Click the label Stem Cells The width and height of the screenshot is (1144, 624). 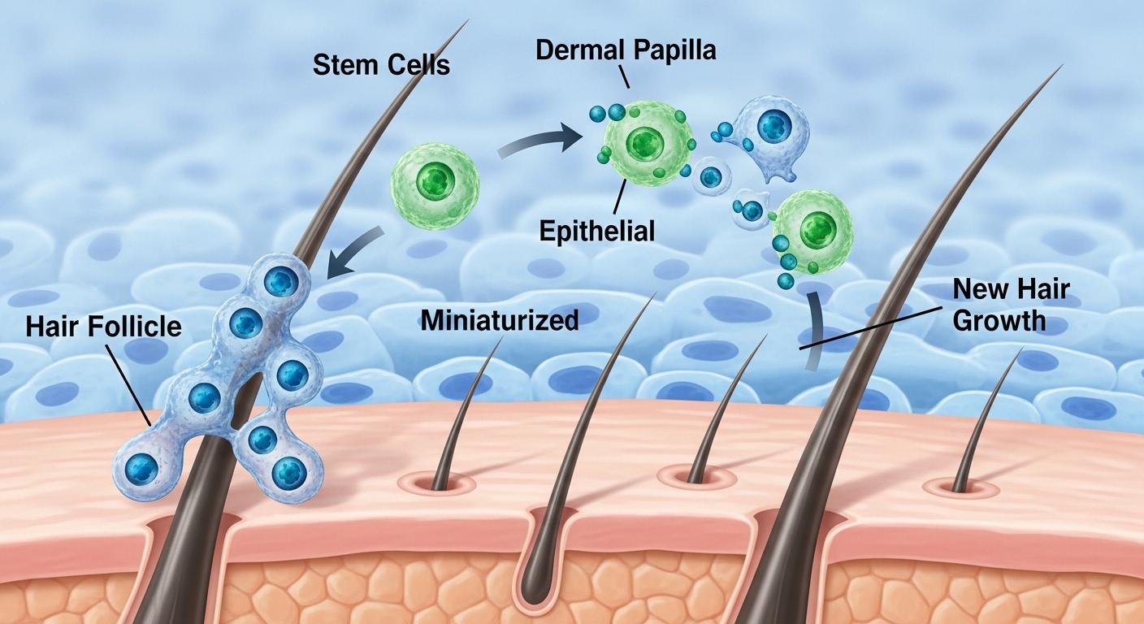click(x=381, y=64)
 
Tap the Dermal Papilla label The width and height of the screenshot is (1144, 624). click(x=626, y=50)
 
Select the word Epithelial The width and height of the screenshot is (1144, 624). click(x=597, y=231)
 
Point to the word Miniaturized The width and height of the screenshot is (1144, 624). click(x=500, y=320)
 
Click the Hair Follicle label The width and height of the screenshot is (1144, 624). click(x=103, y=327)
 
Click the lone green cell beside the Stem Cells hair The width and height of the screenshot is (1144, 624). click(x=436, y=183)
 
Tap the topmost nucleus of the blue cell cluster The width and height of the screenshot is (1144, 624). click(x=282, y=282)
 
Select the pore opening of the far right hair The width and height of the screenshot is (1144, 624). click(x=961, y=487)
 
